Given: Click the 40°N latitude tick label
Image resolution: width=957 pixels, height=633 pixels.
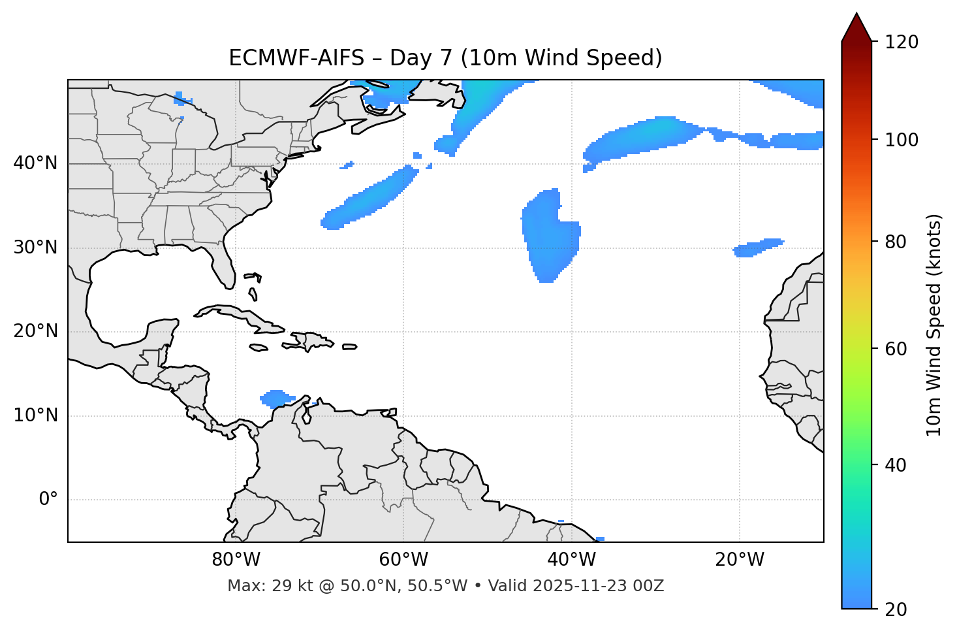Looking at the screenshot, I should (35, 163).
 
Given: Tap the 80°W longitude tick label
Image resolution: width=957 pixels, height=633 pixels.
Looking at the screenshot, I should (236, 560).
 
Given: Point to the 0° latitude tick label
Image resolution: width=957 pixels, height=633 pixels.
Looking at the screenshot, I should (48, 500).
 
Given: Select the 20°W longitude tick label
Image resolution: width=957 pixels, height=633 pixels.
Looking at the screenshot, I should (740, 560).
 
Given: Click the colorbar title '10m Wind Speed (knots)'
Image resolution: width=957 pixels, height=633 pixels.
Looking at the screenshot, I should (934, 325).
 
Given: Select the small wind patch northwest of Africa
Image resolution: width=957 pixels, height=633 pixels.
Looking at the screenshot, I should (757, 248).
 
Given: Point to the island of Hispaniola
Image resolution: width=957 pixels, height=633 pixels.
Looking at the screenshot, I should (311, 340).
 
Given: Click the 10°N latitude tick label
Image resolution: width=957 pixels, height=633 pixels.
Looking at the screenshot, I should (35, 416).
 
